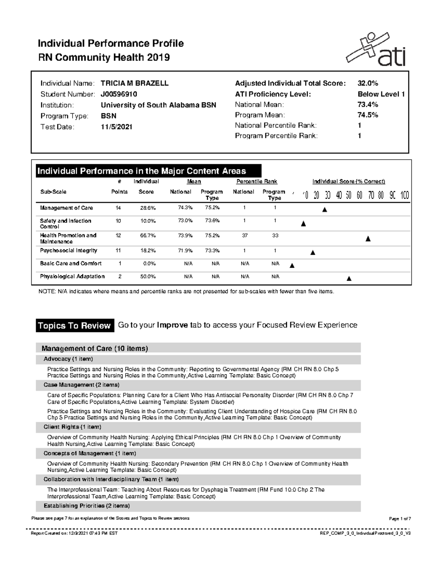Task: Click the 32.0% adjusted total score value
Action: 368,83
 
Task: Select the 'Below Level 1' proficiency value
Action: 381,94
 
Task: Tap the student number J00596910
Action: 119,94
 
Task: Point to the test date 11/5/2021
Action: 116,127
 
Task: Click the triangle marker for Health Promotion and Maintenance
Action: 368,239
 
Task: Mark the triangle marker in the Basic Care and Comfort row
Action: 292,266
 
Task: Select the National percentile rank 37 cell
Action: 245,236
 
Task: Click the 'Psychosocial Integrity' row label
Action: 69,250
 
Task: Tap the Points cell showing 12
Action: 118,236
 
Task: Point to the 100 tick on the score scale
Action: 405,195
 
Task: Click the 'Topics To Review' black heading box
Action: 75,326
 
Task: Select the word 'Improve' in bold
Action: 172,325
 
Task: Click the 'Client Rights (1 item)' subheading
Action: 72,427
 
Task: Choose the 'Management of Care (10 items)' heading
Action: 95,349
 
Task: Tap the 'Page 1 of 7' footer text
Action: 400,519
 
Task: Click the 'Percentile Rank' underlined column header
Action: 256,182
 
